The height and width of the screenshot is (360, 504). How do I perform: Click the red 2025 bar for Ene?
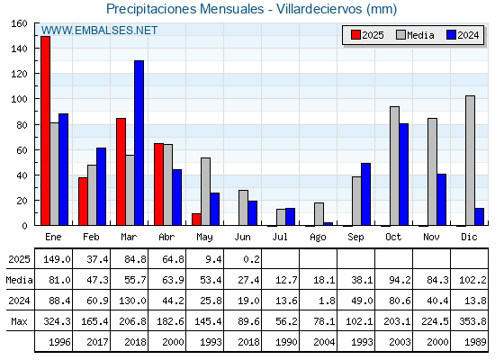click(x=45, y=130)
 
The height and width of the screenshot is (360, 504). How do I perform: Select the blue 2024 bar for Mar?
click(x=139, y=143)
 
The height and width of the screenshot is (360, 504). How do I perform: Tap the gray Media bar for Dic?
click(x=470, y=160)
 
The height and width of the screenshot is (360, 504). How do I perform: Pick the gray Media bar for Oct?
click(x=394, y=166)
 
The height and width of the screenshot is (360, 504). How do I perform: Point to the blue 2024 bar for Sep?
click(x=365, y=194)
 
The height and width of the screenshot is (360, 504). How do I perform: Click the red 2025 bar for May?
click(x=196, y=220)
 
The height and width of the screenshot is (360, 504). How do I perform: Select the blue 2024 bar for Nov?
click(x=441, y=200)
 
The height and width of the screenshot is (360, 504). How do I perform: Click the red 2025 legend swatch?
click(x=355, y=35)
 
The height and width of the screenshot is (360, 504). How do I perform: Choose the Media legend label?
click(x=420, y=35)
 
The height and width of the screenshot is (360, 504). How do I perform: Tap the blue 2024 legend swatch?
click(x=451, y=35)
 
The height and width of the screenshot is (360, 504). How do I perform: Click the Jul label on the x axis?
click(x=280, y=237)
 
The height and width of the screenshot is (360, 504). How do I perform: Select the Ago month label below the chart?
click(x=318, y=238)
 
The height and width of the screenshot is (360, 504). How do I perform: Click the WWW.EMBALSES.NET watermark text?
click(x=99, y=31)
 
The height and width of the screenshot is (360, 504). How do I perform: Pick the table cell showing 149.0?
click(x=57, y=259)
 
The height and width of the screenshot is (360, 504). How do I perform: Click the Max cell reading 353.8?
click(x=472, y=321)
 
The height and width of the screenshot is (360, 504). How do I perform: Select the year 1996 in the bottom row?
click(x=59, y=342)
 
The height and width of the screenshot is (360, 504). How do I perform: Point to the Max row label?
click(x=19, y=321)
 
